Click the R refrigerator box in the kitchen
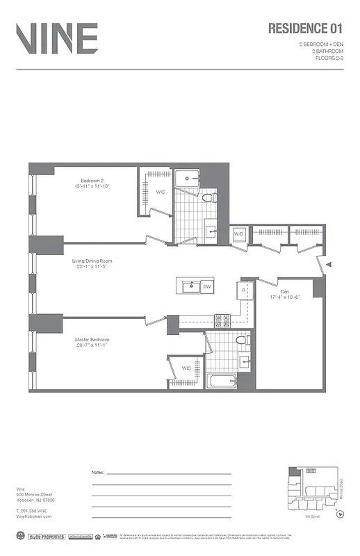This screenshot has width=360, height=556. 244,291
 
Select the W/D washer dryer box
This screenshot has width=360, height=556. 239,234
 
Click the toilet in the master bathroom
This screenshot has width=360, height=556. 240,341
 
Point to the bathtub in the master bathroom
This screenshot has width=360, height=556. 222,381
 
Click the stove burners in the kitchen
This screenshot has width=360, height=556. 223,320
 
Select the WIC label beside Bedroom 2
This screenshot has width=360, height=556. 160,193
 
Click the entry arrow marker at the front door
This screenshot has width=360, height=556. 329,265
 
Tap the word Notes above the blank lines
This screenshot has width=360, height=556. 98,472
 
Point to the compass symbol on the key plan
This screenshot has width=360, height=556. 338,515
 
